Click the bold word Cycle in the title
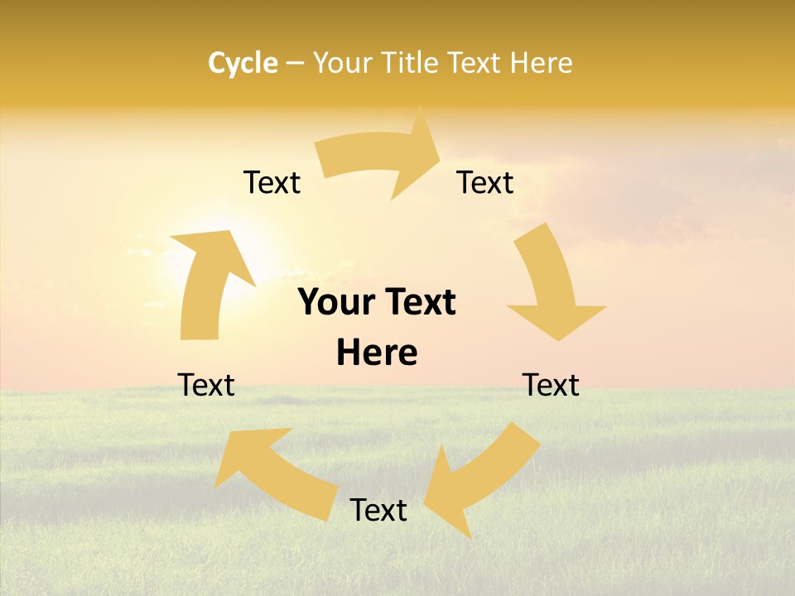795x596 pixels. point(243,63)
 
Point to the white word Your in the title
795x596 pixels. point(341,63)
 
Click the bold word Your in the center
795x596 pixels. point(336,302)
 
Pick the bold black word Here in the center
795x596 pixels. point(377,353)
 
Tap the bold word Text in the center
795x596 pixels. point(417,302)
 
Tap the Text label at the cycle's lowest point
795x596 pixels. point(378,510)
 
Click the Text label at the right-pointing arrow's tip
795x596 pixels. point(485,182)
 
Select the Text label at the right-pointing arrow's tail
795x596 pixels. point(272,182)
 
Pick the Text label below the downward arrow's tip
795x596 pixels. point(551,385)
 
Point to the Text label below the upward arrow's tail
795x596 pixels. point(206,385)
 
